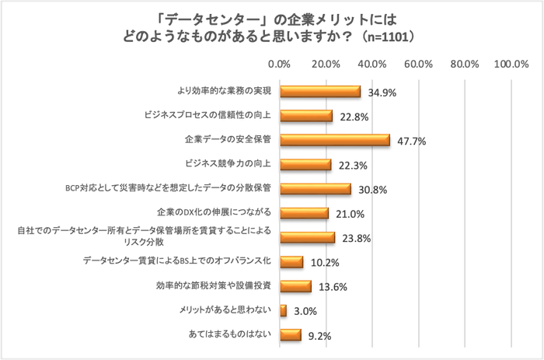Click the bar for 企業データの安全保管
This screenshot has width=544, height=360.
pyautogui.click(x=334, y=140)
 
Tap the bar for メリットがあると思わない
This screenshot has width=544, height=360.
pyautogui.click(x=283, y=311)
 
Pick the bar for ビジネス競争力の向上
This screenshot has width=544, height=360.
pyautogui.click(x=305, y=164)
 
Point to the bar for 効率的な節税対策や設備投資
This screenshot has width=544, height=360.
pyautogui.click(x=295, y=286)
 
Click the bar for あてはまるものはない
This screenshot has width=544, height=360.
pyautogui.click(x=290, y=335)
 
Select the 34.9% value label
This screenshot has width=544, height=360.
pyautogui.click(x=382, y=93)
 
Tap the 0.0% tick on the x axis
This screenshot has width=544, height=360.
pyautogui.click(x=280, y=64)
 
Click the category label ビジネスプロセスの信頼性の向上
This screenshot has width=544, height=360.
pyautogui.click(x=207, y=116)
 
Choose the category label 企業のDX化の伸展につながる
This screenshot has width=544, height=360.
pyautogui.click(x=213, y=212)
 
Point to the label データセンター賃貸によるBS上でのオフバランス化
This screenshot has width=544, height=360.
pyautogui.click(x=176, y=261)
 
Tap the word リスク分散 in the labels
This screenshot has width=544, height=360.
pyautogui.click(x=248, y=242)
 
